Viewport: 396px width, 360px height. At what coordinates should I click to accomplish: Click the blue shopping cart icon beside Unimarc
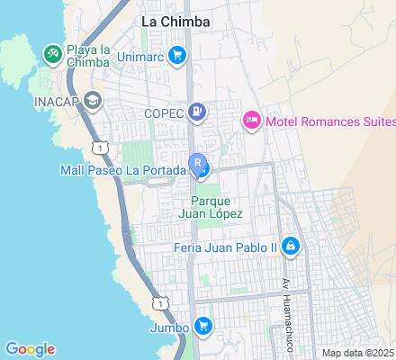(176, 56)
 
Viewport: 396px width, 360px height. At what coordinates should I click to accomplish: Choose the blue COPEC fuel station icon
(199, 112)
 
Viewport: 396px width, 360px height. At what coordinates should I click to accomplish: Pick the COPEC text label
(163, 112)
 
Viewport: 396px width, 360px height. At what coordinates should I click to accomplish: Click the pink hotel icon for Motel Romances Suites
(251, 120)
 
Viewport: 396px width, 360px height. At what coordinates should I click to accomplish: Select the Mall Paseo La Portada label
(123, 168)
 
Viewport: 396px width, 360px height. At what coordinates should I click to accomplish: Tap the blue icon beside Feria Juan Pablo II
(290, 246)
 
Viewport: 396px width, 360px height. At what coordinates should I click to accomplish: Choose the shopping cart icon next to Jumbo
(203, 326)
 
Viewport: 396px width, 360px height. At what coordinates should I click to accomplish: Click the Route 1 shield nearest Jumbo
(158, 302)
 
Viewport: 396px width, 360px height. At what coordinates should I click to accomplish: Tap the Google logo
(30, 349)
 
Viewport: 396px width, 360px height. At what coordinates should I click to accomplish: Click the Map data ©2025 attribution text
(357, 352)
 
